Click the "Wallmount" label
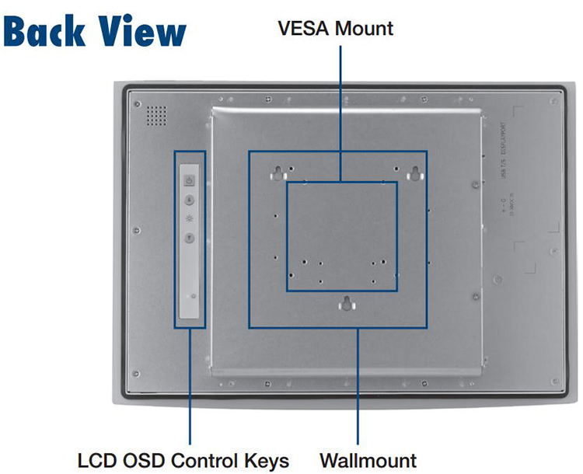(368, 459)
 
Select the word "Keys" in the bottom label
(268, 459)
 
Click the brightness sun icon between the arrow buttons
(190, 219)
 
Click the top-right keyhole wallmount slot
(417, 172)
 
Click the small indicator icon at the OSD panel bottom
(191, 297)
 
